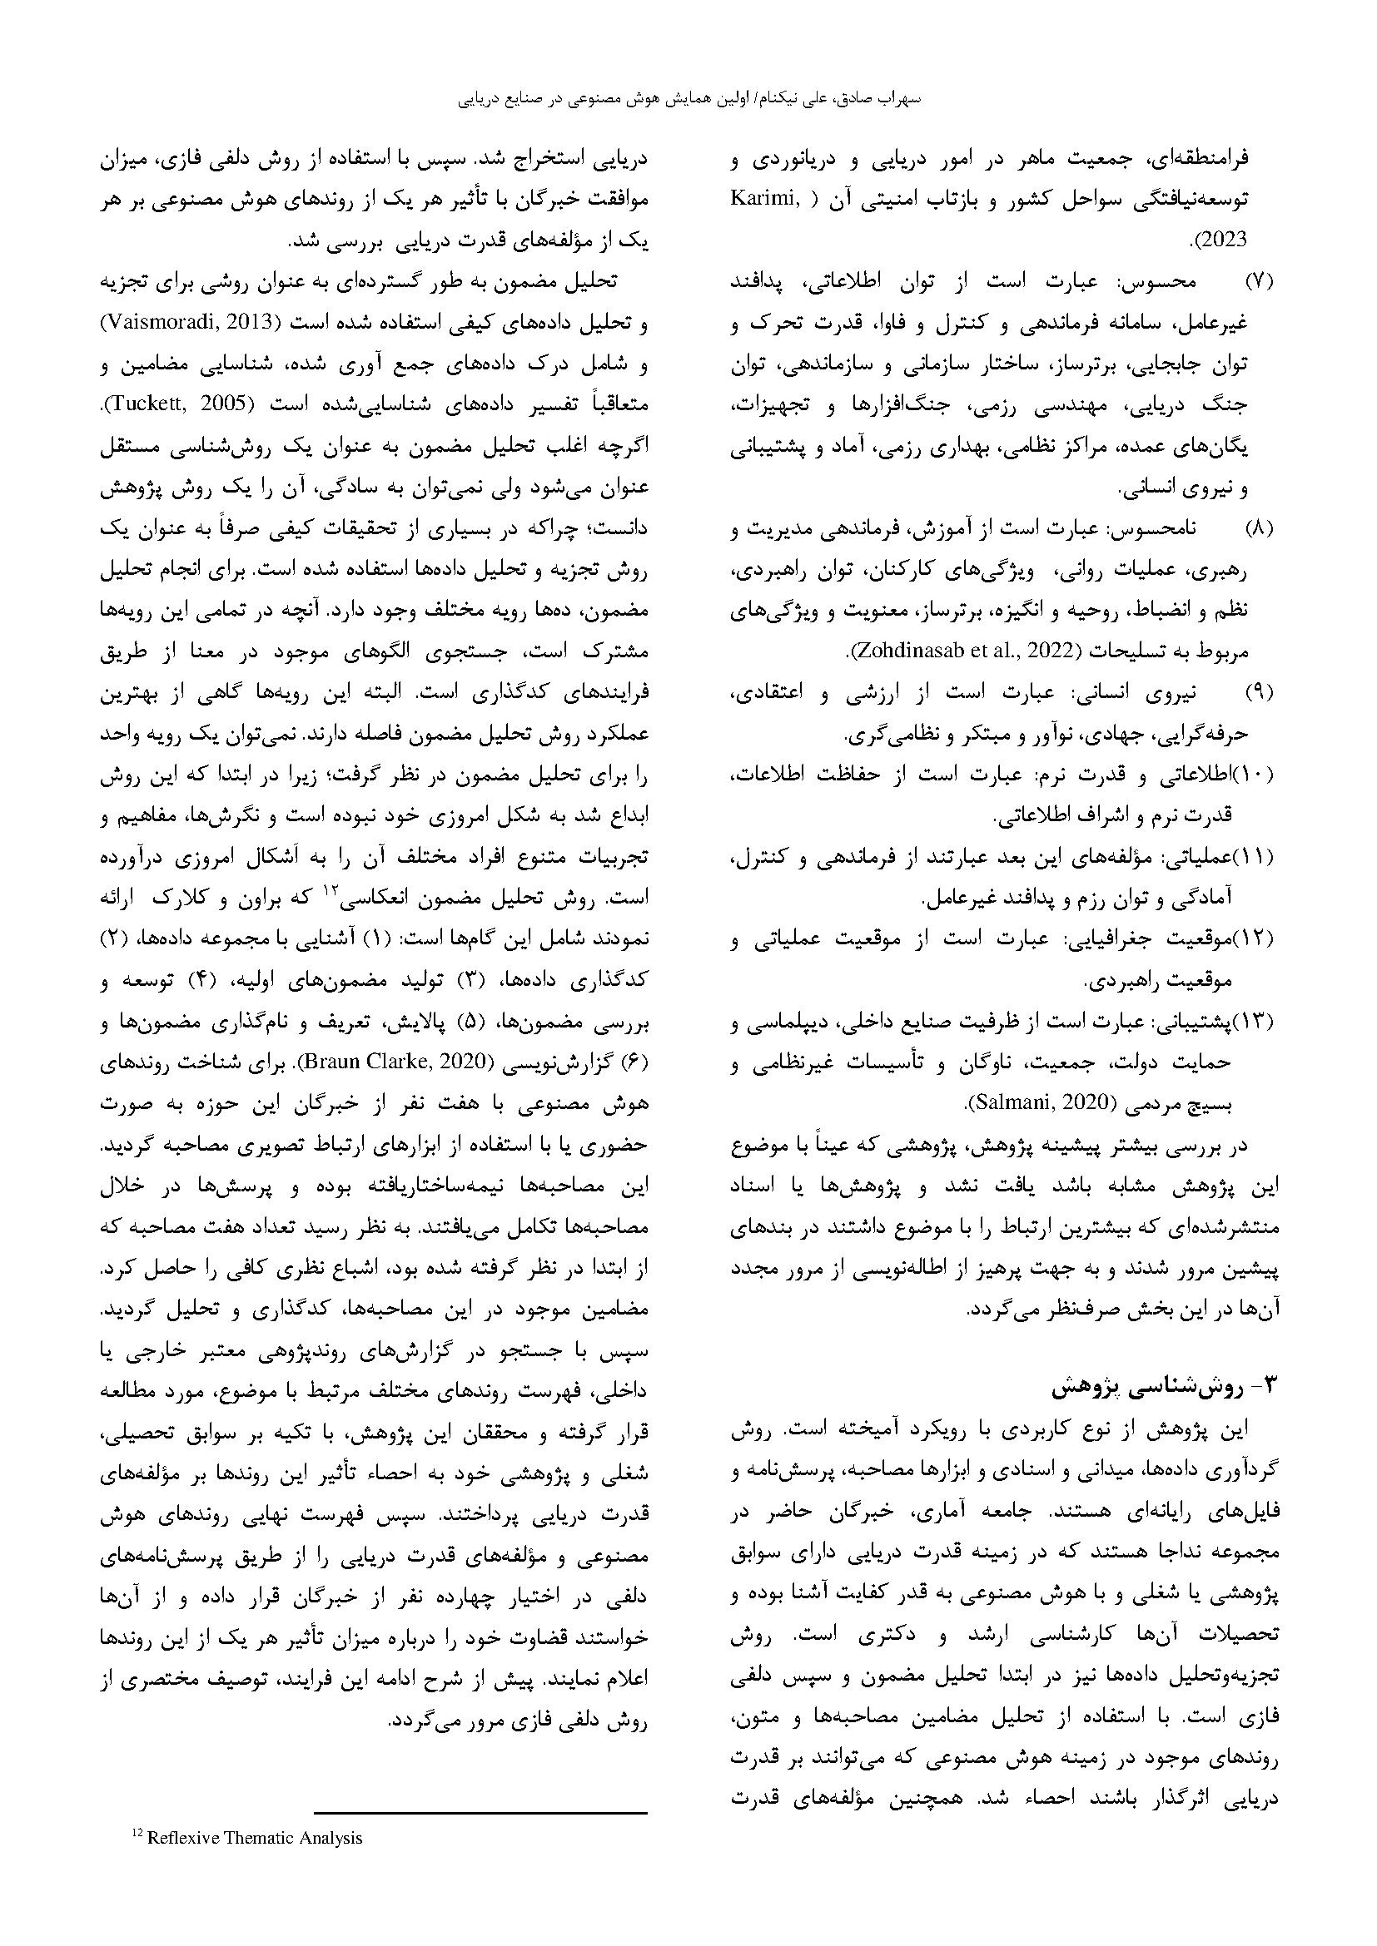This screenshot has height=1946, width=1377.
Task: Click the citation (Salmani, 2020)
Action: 1037,1103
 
